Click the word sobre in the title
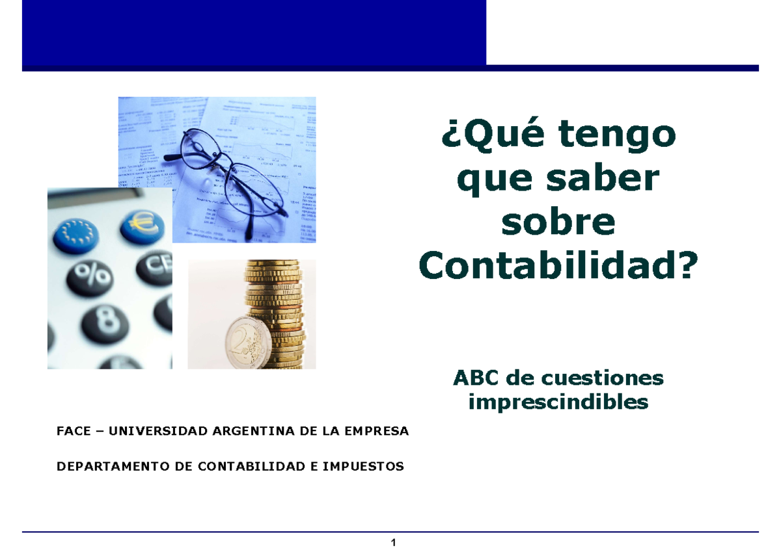click(558, 222)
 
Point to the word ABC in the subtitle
click(478, 378)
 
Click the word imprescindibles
click(558, 402)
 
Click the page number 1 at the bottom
click(393, 543)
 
